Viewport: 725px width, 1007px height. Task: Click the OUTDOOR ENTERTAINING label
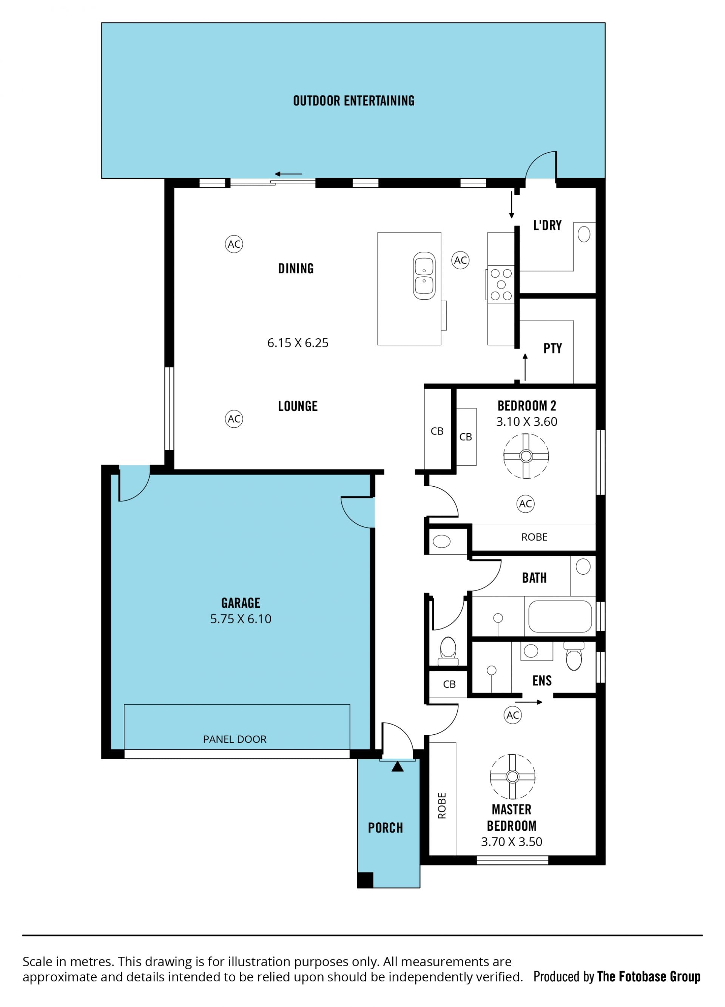[354, 101]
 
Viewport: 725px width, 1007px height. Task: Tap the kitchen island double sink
[424, 276]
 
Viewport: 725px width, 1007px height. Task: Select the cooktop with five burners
[501, 285]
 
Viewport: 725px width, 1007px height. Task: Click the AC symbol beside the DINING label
[234, 244]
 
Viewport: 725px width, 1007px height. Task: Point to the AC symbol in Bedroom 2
[526, 504]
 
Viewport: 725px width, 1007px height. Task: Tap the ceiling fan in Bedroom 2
[526, 456]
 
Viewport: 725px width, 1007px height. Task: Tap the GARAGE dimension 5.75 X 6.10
[241, 618]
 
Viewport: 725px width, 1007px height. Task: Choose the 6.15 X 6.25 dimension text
[298, 343]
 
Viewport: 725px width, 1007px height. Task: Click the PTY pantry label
[553, 348]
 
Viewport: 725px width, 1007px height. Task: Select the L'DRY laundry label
[548, 225]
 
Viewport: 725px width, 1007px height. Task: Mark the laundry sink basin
[584, 234]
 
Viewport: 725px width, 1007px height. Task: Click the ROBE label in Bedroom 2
[534, 537]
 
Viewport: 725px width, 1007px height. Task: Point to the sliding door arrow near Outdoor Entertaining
[288, 174]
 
